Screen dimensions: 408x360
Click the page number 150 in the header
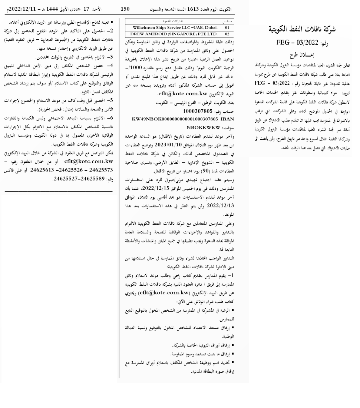click(126, 8)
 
